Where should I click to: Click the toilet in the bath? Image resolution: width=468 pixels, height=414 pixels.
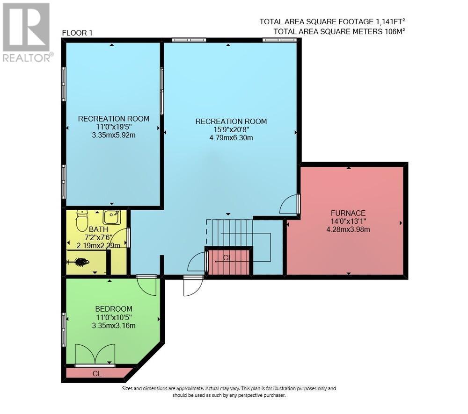[82, 220]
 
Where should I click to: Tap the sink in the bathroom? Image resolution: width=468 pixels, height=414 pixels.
[112, 217]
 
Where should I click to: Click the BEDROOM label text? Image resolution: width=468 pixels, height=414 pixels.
[114, 309]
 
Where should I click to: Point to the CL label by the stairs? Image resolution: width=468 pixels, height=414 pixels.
[227, 258]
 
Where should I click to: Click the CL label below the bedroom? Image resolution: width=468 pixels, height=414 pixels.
[97, 373]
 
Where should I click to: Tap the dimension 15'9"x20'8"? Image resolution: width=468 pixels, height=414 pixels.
[231, 129]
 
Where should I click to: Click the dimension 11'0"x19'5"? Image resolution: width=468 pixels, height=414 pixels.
[113, 127]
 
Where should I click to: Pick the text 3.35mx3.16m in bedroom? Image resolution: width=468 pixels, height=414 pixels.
[114, 325]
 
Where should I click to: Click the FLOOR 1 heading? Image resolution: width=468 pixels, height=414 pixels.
[77, 32]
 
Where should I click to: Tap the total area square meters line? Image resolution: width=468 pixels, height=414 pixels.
[339, 31]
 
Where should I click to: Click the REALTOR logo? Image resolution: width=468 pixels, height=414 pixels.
[27, 33]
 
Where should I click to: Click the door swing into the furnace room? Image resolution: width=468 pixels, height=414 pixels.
[289, 205]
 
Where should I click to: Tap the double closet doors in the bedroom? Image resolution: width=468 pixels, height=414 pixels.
[95, 354]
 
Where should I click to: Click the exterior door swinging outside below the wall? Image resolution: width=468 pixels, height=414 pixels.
[193, 286]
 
